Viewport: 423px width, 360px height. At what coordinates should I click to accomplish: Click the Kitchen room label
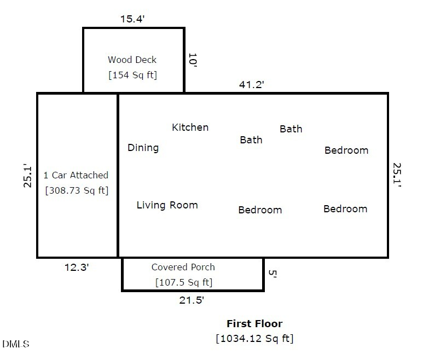(x=190, y=127)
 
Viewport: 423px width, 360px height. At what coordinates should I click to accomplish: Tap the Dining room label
(x=143, y=148)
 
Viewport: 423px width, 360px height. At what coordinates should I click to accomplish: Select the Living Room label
(x=167, y=205)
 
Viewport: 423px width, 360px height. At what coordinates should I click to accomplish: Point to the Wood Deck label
(x=132, y=60)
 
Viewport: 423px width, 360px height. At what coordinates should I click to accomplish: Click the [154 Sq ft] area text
(x=132, y=74)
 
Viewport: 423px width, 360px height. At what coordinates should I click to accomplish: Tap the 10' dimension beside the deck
(x=192, y=60)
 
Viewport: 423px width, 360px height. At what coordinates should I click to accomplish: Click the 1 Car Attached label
(x=76, y=176)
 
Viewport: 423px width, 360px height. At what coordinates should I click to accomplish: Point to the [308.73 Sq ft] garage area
(x=76, y=190)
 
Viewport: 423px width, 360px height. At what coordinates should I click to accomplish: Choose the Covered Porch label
(x=183, y=268)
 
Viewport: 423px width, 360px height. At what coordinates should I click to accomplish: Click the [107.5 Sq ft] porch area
(x=183, y=282)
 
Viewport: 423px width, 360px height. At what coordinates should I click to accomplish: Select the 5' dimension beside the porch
(x=270, y=273)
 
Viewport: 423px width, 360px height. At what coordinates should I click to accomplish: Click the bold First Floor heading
(x=254, y=323)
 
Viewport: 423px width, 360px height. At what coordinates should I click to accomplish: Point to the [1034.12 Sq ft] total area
(x=254, y=338)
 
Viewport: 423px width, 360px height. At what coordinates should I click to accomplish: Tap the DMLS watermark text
(x=16, y=344)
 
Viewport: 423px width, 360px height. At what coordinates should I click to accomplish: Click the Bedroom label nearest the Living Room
(x=260, y=210)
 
